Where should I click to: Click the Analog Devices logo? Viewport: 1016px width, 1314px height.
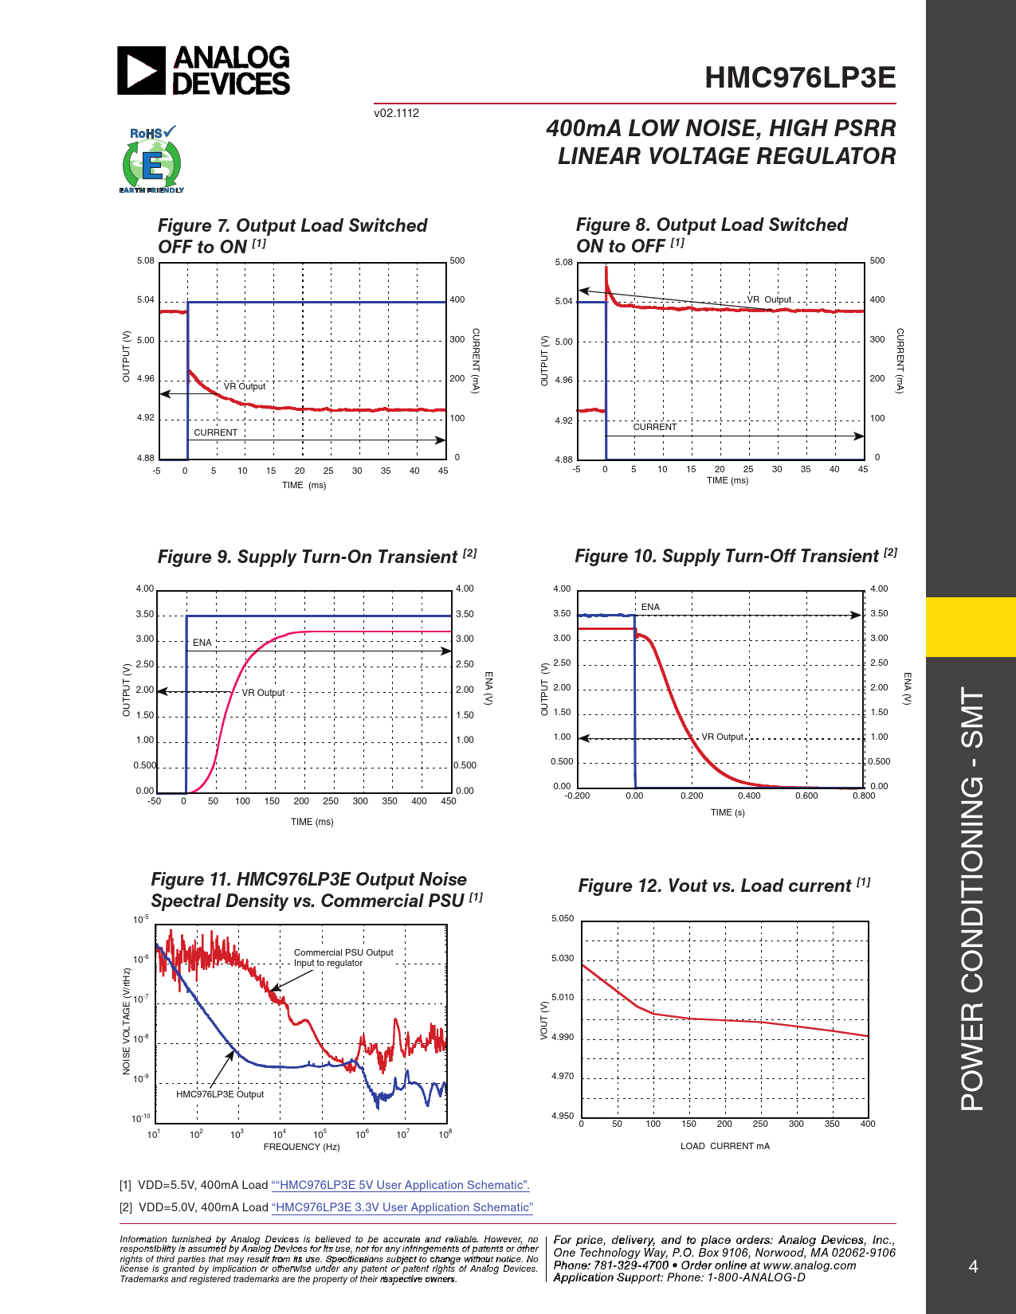204,71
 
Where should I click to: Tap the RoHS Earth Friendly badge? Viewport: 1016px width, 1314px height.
151,160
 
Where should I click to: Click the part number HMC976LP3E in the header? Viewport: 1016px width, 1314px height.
800,78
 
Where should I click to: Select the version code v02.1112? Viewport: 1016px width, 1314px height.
396,113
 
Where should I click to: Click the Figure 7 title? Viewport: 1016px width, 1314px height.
292,236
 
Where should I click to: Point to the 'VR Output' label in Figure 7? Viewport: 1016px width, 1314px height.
245,386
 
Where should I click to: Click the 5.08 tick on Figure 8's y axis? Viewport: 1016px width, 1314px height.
563,262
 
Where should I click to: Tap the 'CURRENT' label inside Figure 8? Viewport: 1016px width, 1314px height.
655,427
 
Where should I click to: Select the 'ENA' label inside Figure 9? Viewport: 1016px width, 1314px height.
202,643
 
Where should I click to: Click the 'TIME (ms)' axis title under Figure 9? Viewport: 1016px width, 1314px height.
312,822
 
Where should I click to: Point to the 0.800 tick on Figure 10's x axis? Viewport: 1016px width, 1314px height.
864,796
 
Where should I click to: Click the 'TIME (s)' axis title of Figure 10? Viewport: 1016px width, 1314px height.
728,812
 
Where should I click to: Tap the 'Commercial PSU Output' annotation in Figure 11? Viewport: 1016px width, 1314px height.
343,952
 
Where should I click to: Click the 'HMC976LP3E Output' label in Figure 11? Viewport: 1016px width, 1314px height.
220,1094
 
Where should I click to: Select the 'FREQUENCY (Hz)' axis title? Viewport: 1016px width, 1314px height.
301,1147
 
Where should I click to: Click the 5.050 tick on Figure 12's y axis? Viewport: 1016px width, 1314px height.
563,918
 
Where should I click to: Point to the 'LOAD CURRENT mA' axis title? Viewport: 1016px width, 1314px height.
724,1146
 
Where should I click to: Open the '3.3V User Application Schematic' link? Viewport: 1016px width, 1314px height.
402,1207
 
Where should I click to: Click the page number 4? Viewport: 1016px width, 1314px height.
973,1267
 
